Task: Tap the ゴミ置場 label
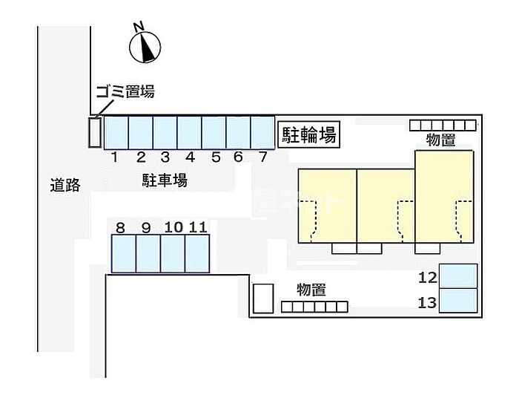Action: click(x=126, y=91)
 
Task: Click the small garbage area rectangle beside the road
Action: click(x=95, y=132)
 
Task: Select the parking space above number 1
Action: click(x=116, y=133)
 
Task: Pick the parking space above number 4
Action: click(x=189, y=133)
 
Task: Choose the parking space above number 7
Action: click(x=262, y=133)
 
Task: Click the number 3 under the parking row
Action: click(x=165, y=157)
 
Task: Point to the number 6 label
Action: click(x=238, y=157)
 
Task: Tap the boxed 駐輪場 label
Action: click(x=309, y=134)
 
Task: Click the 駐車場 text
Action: click(x=165, y=180)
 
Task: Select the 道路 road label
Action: click(x=65, y=185)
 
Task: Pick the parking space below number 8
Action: click(x=124, y=253)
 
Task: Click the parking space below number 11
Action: click(x=197, y=253)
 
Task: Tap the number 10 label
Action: click(x=173, y=227)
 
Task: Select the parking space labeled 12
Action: click(x=458, y=276)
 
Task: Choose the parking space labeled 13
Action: click(x=458, y=301)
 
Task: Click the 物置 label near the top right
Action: click(x=440, y=140)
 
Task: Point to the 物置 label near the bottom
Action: click(x=311, y=290)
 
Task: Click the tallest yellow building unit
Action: click(x=445, y=197)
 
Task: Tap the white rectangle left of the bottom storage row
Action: click(x=263, y=299)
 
